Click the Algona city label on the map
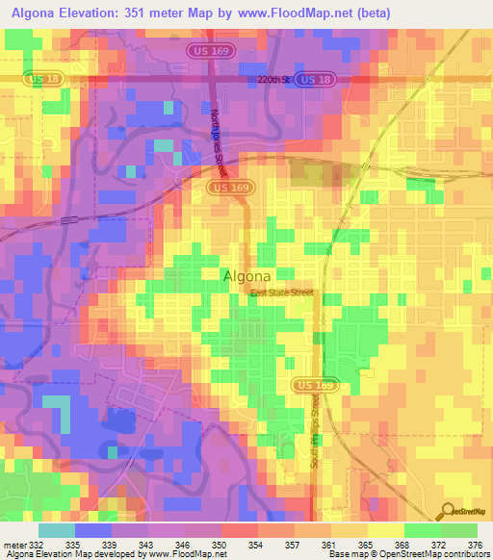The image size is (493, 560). click(x=253, y=275)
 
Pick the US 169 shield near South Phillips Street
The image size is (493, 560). click(x=311, y=385)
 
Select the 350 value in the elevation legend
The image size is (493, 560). click(x=220, y=544)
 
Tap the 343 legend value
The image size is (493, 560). click(x=146, y=544)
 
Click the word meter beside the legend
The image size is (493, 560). click(x=13, y=544)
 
